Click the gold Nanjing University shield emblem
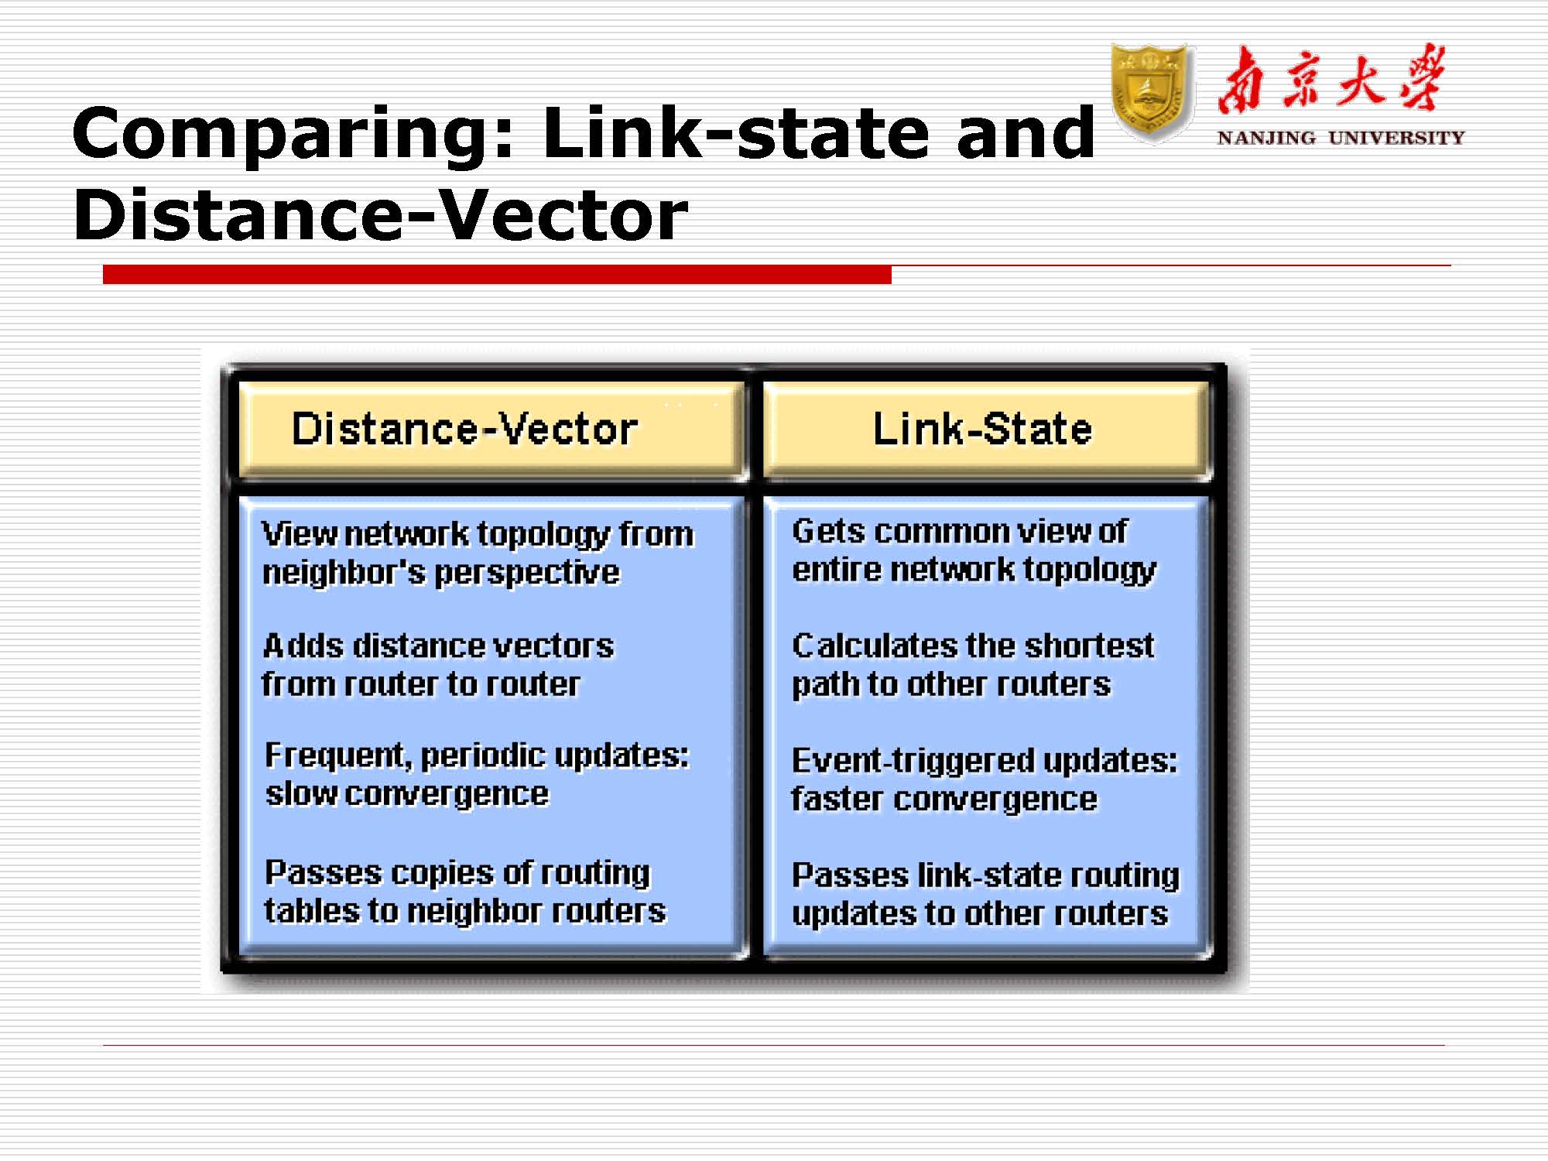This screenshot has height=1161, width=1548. (1150, 93)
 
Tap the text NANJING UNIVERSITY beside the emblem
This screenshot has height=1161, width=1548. (1341, 138)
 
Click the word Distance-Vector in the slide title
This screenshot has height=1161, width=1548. (380, 214)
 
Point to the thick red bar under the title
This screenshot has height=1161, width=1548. (497, 274)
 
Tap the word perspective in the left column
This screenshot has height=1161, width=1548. (527, 574)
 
